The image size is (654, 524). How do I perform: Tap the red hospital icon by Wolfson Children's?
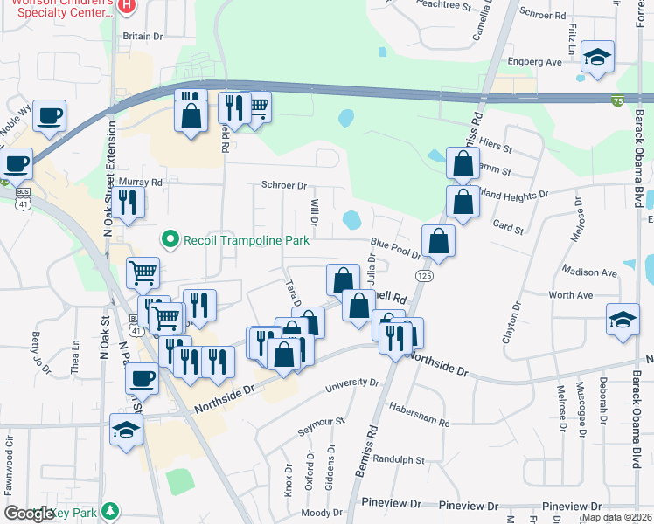pos(127,6)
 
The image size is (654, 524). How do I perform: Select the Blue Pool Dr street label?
pos(396,248)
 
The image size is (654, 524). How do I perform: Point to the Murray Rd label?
pos(144,183)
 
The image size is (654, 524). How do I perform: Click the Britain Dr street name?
pos(143,36)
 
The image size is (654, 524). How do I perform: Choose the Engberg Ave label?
pos(535,63)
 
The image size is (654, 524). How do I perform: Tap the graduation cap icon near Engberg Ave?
pos(599,58)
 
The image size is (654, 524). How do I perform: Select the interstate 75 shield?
pos(617,101)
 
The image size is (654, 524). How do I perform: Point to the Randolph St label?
pos(398,459)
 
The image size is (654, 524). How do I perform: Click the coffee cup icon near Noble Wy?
pos(50,114)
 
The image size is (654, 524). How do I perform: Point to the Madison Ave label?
pos(590,272)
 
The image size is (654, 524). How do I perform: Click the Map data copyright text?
pos(616,517)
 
